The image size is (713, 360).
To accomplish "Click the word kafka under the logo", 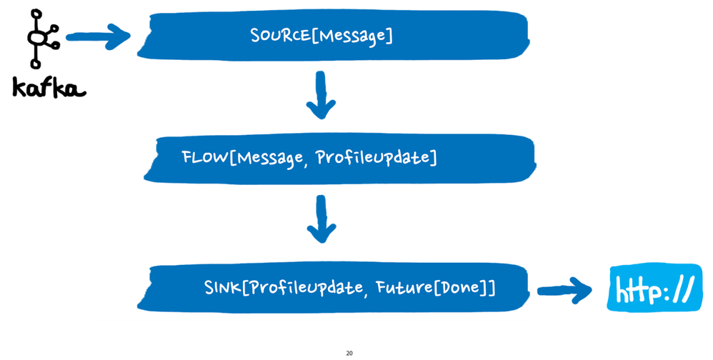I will point(48,88).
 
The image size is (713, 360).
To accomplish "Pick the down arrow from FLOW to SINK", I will point(320,221).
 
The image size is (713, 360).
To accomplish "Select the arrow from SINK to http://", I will point(564,289).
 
